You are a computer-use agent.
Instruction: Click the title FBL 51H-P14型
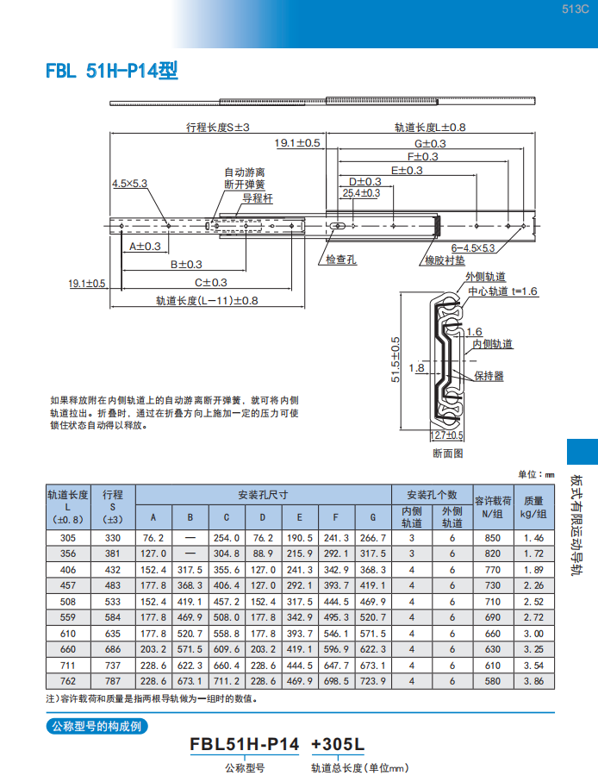(112, 71)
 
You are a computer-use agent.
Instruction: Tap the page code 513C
(575, 9)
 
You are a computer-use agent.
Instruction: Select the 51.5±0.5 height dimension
(396, 360)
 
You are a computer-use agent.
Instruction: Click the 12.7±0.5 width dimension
(446, 435)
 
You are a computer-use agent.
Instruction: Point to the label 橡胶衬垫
(445, 260)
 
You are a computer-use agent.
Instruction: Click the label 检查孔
(341, 260)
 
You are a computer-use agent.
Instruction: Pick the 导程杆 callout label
(258, 198)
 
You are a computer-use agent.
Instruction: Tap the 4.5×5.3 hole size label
(129, 184)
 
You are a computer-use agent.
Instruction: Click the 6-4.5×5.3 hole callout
(473, 247)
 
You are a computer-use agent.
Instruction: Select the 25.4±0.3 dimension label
(361, 193)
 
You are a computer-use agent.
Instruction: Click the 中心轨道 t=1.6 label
(502, 291)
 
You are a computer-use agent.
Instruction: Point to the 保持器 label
(489, 376)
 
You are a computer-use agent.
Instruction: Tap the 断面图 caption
(447, 454)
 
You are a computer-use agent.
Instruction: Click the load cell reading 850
(492, 538)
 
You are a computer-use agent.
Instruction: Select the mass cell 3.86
(533, 681)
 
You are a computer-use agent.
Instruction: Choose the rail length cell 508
(68, 602)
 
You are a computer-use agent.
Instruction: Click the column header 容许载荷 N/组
(493, 507)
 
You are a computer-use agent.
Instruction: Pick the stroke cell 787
(113, 681)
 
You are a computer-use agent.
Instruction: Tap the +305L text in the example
(338, 744)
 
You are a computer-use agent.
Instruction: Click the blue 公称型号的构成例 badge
(97, 726)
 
